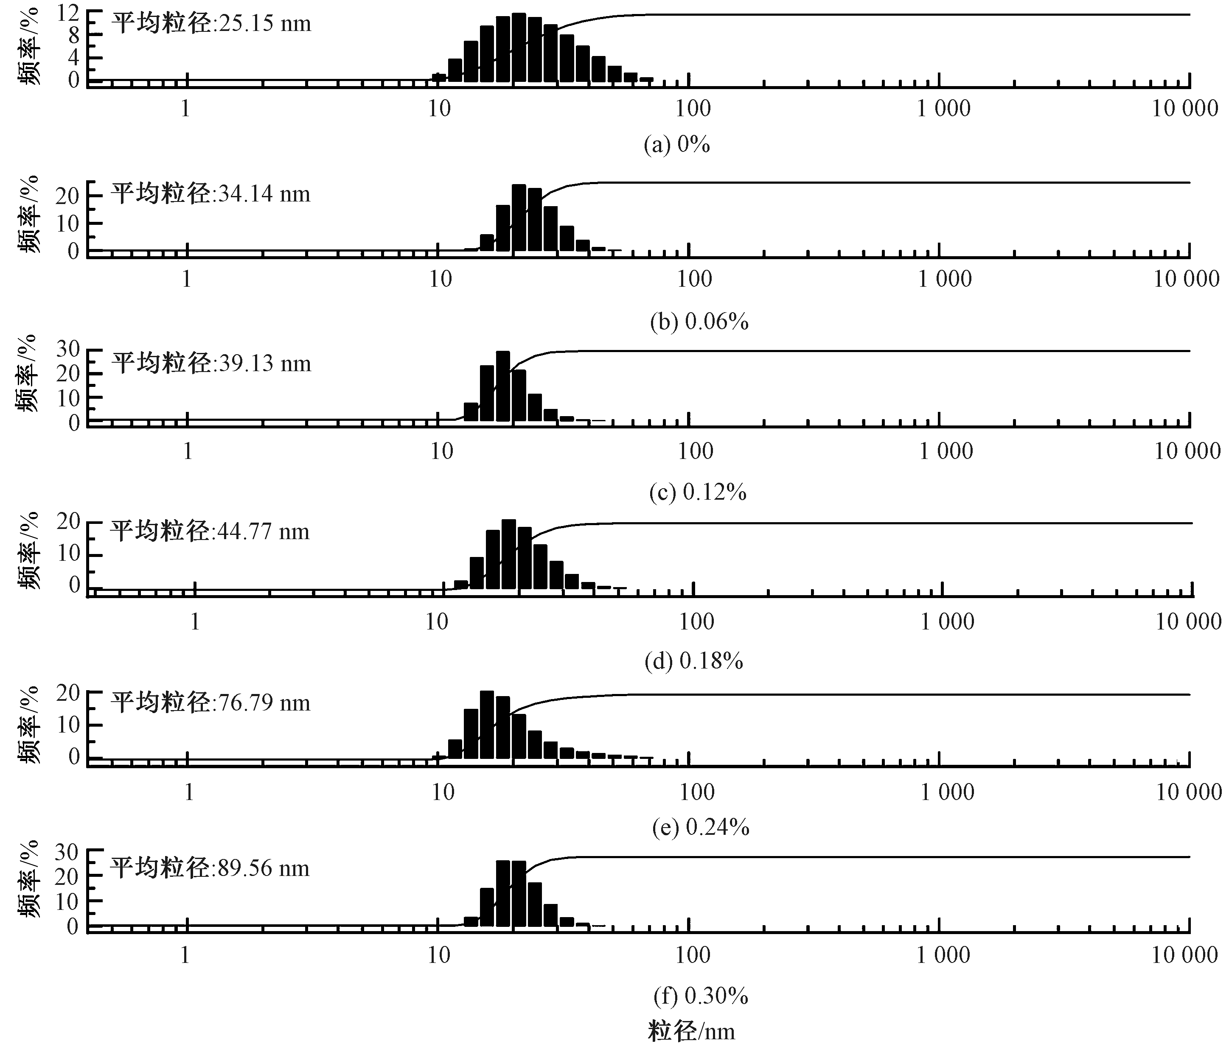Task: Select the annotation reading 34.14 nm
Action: click(x=210, y=194)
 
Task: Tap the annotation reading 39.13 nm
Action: click(x=211, y=363)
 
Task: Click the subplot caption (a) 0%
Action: click(x=677, y=144)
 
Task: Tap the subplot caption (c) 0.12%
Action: click(x=698, y=492)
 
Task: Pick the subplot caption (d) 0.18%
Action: click(x=694, y=660)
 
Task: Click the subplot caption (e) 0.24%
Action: click(x=701, y=827)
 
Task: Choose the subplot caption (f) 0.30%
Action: click(x=701, y=996)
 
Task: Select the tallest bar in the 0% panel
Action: click(x=519, y=48)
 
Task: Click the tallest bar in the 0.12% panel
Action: click(x=503, y=386)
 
